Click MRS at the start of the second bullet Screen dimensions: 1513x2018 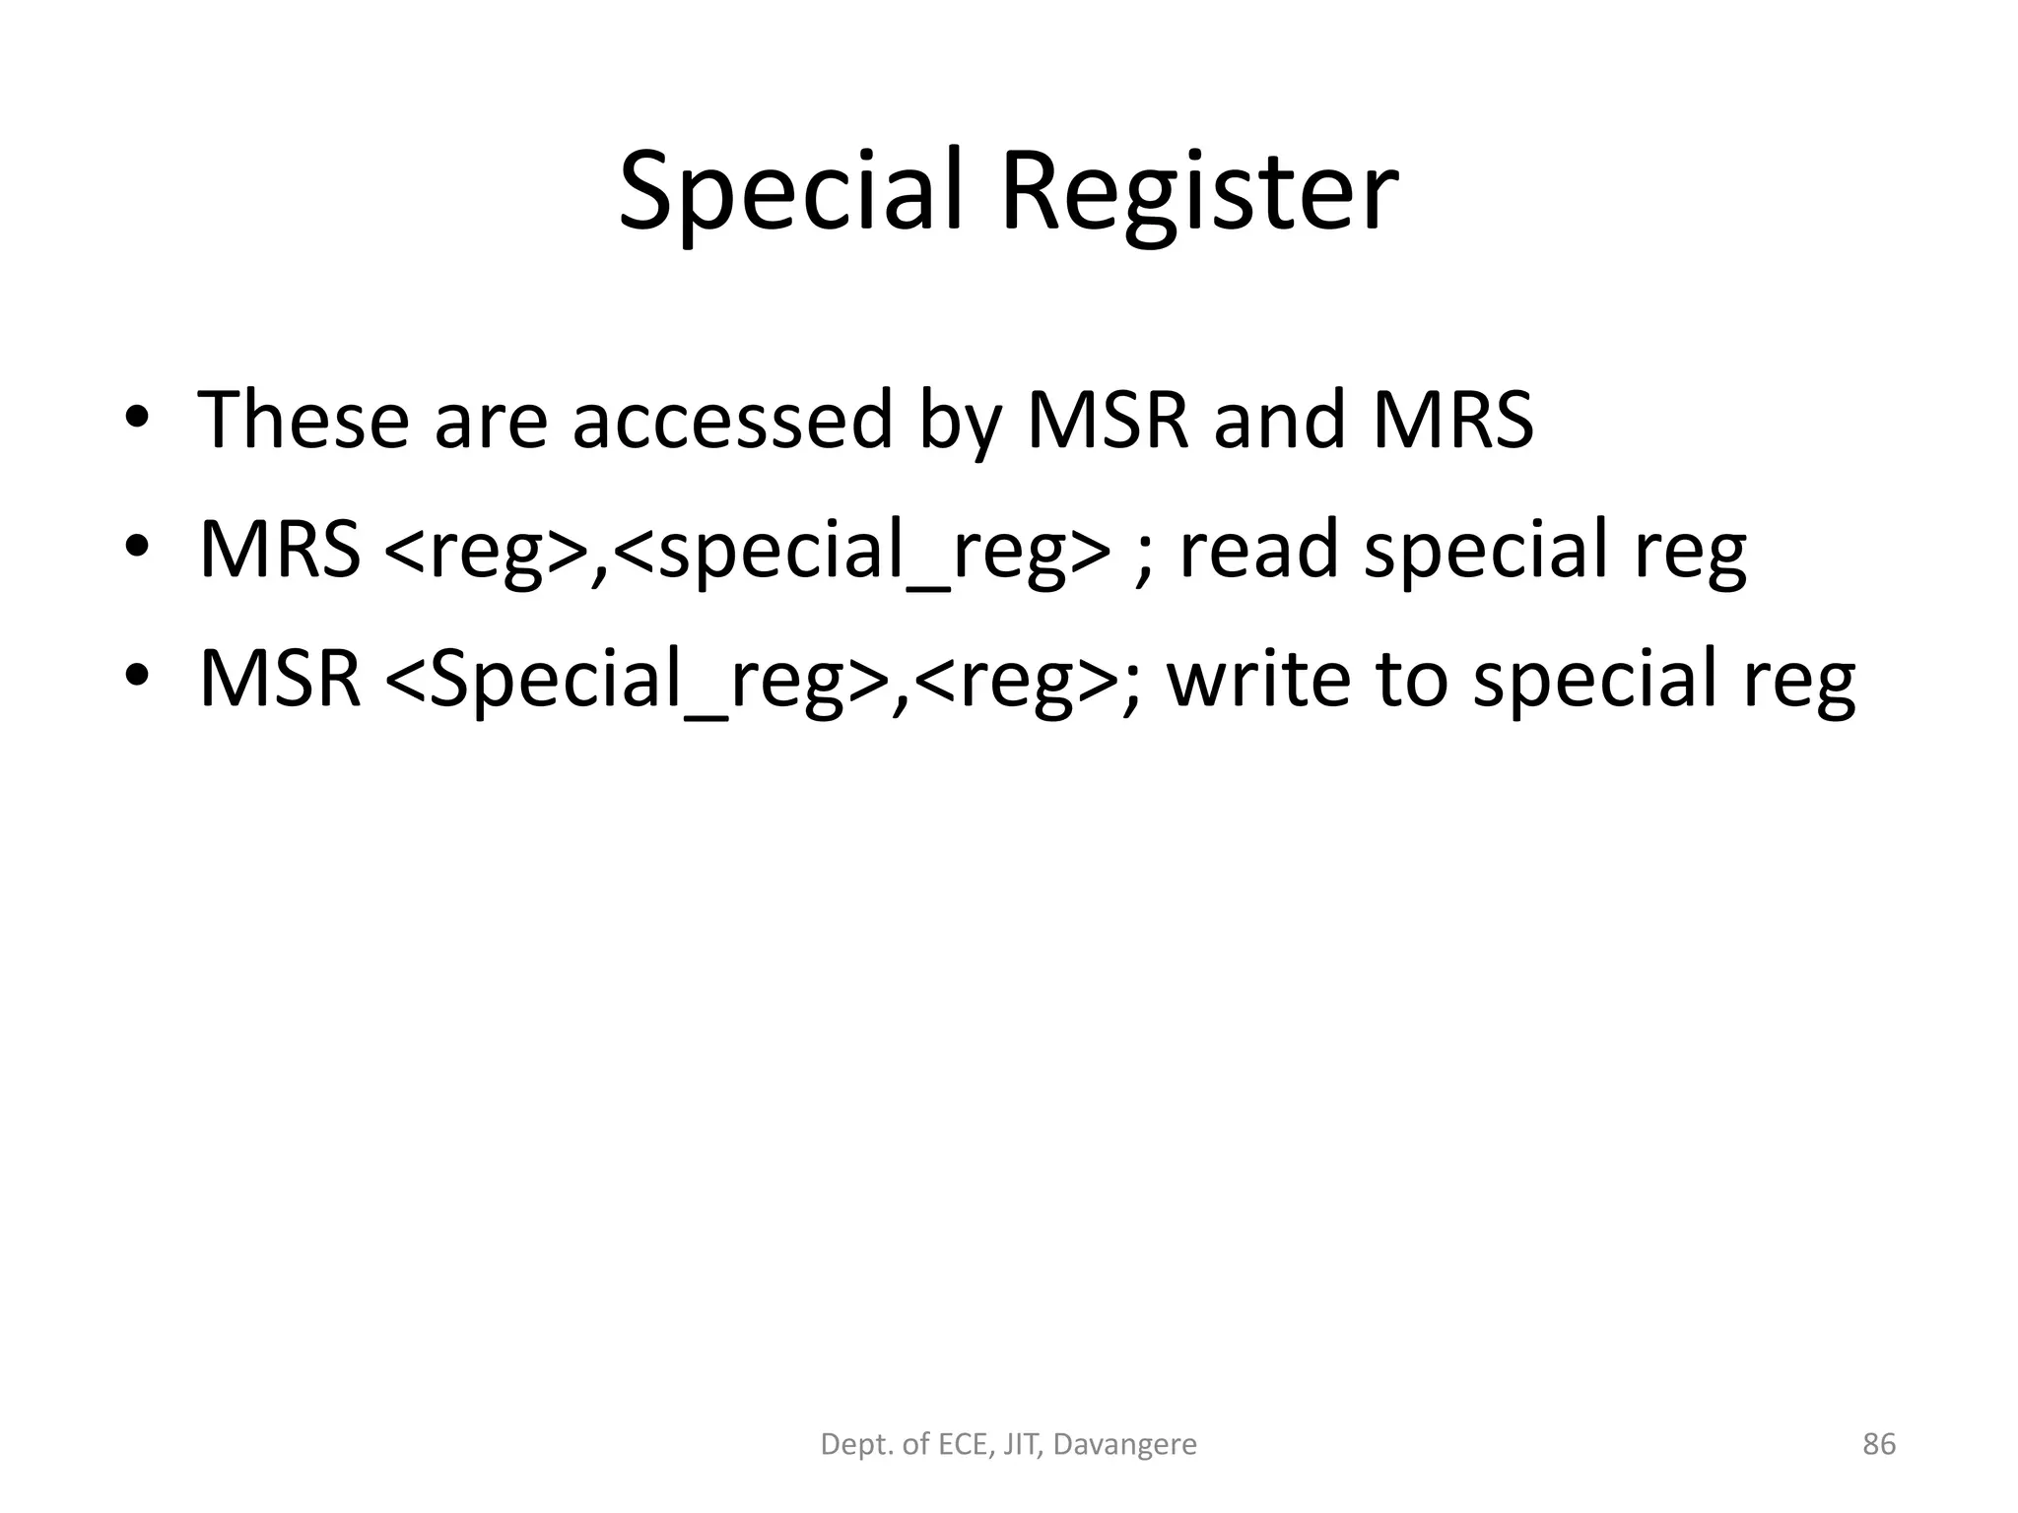[280, 549]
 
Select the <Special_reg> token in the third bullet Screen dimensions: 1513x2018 [637, 680]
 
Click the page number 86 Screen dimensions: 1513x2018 [1878, 1444]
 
